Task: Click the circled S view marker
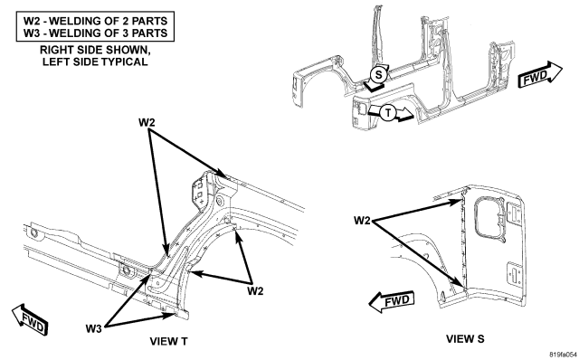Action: (378, 75)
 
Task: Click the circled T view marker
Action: (388, 112)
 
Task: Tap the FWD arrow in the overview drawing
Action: (540, 75)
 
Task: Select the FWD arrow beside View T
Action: (30, 319)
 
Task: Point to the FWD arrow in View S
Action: (392, 302)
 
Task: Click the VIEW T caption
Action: (168, 341)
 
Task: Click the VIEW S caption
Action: (465, 338)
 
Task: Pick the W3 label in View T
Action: (93, 328)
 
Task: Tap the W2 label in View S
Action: (362, 221)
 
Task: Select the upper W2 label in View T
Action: (147, 122)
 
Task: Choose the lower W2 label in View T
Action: (255, 291)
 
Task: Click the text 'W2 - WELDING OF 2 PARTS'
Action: (95, 21)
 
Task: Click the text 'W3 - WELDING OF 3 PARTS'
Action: (95, 33)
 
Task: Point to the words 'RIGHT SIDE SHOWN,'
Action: (95, 50)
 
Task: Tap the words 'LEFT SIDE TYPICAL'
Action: (95, 62)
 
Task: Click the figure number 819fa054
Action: (563, 355)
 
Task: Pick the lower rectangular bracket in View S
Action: (513, 275)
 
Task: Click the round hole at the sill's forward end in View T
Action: (33, 232)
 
